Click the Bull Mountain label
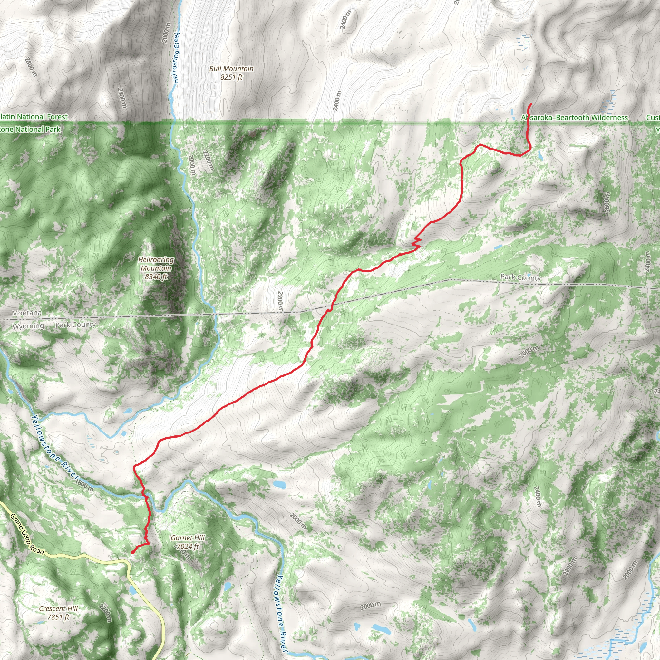tap(231, 69)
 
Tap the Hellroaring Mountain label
tap(156, 264)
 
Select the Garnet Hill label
tap(188, 538)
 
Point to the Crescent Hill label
tap(58, 608)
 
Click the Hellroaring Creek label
tap(176, 57)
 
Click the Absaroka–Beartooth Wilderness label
tap(574, 118)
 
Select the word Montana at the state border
tap(27, 313)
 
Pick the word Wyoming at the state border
tap(28, 326)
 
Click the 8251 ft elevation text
tap(231, 77)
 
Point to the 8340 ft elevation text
tap(156, 277)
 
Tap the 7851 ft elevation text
tap(58, 617)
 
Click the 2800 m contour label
tap(31, 67)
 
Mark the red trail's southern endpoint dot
tap(132, 552)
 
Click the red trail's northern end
tap(531, 104)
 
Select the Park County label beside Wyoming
tap(75, 325)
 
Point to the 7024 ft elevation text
tap(188, 546)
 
